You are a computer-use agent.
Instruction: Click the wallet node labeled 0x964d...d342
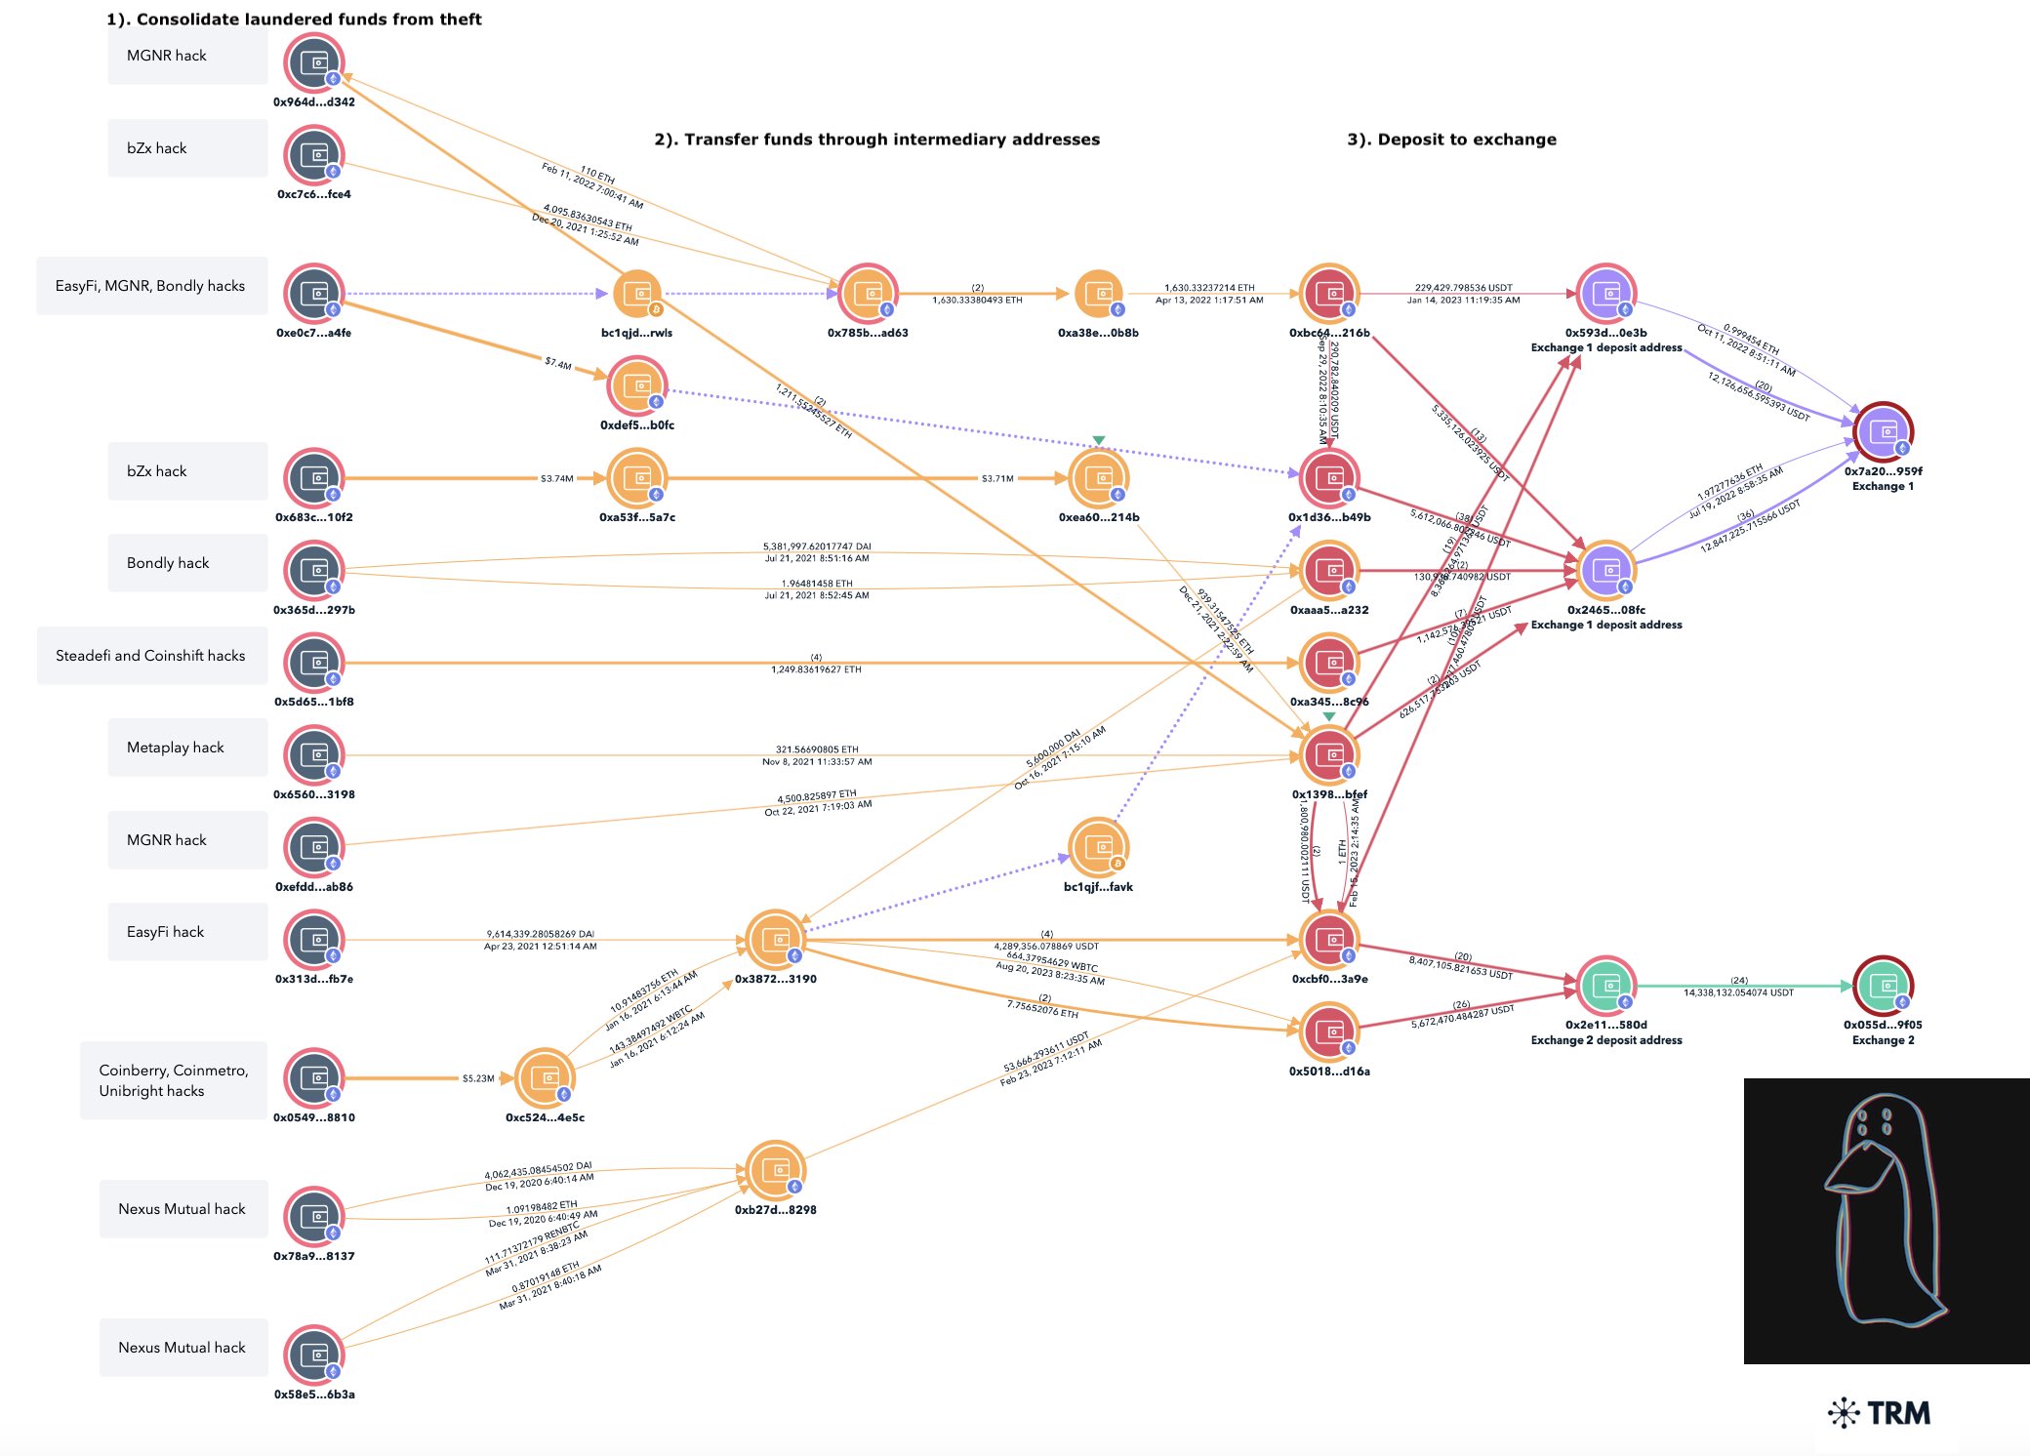313,63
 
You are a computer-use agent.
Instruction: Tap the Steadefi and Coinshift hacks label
151,656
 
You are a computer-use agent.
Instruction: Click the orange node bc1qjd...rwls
636,294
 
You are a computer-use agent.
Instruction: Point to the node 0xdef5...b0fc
636,386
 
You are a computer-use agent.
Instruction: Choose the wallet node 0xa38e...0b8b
1098,294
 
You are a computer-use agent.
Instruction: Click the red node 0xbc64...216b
1329,294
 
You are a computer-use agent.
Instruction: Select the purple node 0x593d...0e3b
1605,294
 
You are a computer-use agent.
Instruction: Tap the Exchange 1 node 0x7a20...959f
1883,431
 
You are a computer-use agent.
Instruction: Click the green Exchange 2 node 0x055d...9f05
1883,986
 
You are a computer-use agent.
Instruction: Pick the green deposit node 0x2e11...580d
1605,986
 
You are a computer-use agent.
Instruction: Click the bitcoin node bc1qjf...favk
1098,847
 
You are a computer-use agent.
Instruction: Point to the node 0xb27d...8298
775,1170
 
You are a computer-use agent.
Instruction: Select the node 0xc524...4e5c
545,1078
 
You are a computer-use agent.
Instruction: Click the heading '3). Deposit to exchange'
1451,140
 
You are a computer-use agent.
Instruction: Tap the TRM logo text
1897,1413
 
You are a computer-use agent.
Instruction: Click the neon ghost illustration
1886,1220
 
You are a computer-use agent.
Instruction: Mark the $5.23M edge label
478,1078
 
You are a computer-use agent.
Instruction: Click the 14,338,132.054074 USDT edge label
1738,992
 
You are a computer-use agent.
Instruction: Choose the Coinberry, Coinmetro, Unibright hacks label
174,1080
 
